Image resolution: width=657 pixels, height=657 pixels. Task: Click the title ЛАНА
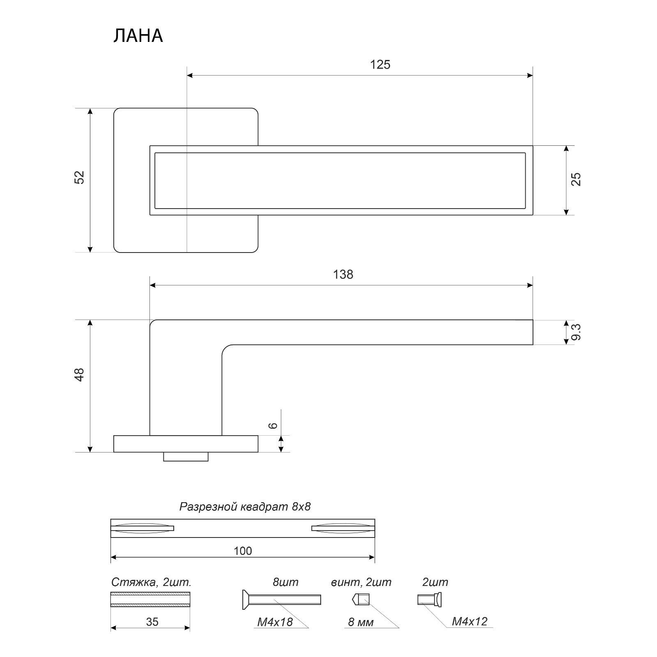pos(138,36)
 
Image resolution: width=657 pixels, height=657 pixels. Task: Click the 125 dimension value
pos(380,65)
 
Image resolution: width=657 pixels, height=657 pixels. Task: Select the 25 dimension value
pos(577,179)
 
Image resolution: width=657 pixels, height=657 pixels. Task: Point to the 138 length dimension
pos(343,274)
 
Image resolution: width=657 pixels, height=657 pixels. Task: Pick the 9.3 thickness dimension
pos(577,332)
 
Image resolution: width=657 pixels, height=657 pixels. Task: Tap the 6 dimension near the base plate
pos(274,425)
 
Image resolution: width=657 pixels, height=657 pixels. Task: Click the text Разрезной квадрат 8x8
pos(245,507)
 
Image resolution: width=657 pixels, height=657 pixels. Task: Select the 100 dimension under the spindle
pos(243,551)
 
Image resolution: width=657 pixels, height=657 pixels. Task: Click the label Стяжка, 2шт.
pos(152,582)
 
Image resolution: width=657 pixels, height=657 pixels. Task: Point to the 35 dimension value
pos(152,622)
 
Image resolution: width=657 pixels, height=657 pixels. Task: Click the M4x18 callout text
pos(275,622)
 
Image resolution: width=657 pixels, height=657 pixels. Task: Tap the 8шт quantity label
pos(285,582)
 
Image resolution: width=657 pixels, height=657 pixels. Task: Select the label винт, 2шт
pos(361,582)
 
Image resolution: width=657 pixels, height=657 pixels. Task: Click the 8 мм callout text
pos(361,623)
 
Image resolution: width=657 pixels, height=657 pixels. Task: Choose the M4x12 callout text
pos(470,621)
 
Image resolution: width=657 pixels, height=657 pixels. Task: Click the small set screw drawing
pos(361,600)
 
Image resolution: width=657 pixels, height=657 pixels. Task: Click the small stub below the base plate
pos(186,456)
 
